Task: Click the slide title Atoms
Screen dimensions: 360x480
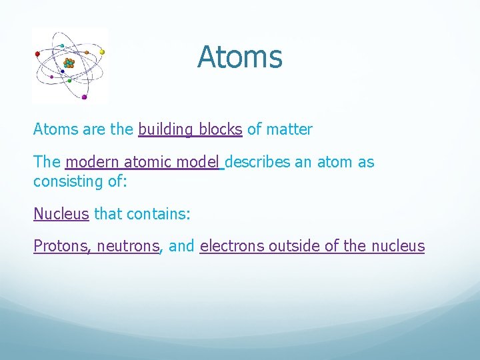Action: coord(240,57)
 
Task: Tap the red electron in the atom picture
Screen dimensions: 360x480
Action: coord(37,54)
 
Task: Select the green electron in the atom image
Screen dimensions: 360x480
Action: coord(69,81)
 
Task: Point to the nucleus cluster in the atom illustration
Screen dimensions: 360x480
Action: coord(69,63)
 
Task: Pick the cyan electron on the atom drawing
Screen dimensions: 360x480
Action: coord(62,45)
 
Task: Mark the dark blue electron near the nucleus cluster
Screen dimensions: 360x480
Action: coord(63,71)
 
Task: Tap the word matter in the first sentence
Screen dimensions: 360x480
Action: coord(289,129)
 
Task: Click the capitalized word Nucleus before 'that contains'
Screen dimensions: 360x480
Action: coord(61,213)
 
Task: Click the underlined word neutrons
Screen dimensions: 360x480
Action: coord(128,246)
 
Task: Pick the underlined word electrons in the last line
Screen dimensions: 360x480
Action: coord(232,246)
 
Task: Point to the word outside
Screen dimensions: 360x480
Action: coord(294,246)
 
